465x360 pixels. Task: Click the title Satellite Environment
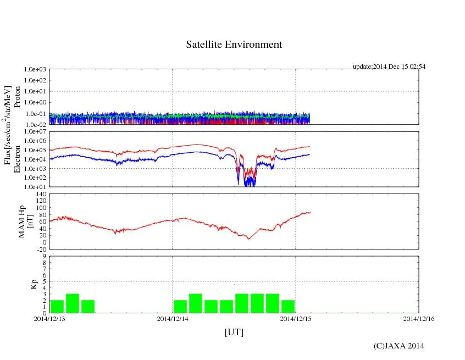[234, 45]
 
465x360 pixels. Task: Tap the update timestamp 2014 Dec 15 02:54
[389, 67]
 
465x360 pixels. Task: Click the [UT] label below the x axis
[234, 332]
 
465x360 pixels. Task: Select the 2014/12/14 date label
[173, 319]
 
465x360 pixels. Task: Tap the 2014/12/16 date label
[419, 319]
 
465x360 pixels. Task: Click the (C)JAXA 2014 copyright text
[398, 346]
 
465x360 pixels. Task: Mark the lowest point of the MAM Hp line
[248, 239]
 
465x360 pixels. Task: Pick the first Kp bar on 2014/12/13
[57, 306]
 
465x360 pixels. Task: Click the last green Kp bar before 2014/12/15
[288, 306]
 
